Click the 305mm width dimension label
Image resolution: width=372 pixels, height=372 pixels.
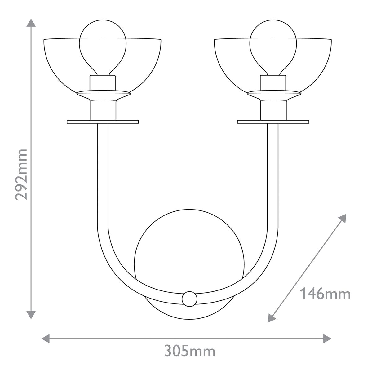coord(189,352)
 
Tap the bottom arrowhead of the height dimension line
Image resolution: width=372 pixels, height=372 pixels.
coord(30,314)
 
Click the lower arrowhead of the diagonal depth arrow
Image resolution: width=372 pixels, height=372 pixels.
coord(272,318)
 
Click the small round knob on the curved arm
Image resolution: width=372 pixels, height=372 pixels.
coord(189,299)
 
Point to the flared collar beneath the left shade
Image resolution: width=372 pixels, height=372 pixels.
coord(103,94)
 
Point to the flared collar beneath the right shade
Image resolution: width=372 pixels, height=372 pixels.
coord(273,94)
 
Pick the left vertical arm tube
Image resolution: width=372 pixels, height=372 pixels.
coord(103,174)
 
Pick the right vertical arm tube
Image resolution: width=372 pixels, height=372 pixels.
coord(273,174)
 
